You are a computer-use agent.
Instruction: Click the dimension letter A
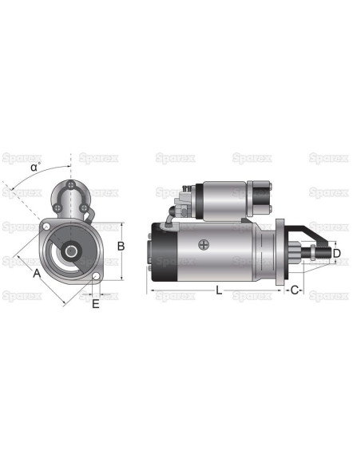[x=37, y=273]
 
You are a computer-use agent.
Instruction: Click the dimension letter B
[x=121, y=247]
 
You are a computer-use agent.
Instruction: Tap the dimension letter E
[x=96, y=303]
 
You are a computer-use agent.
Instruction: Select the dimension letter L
[x=220, y=290]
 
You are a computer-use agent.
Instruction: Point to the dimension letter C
[x=294, y=290]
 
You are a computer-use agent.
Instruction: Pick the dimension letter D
[x=336, y=254]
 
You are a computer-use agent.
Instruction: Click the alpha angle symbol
[x=35, y=167]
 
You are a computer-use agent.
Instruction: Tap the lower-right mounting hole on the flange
[x=96, y=277]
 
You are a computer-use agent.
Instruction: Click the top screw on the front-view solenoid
[x=73, y=186]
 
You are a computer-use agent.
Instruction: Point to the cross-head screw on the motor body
[x=205, y=245]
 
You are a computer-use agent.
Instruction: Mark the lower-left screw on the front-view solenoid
[x=64, y=210]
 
